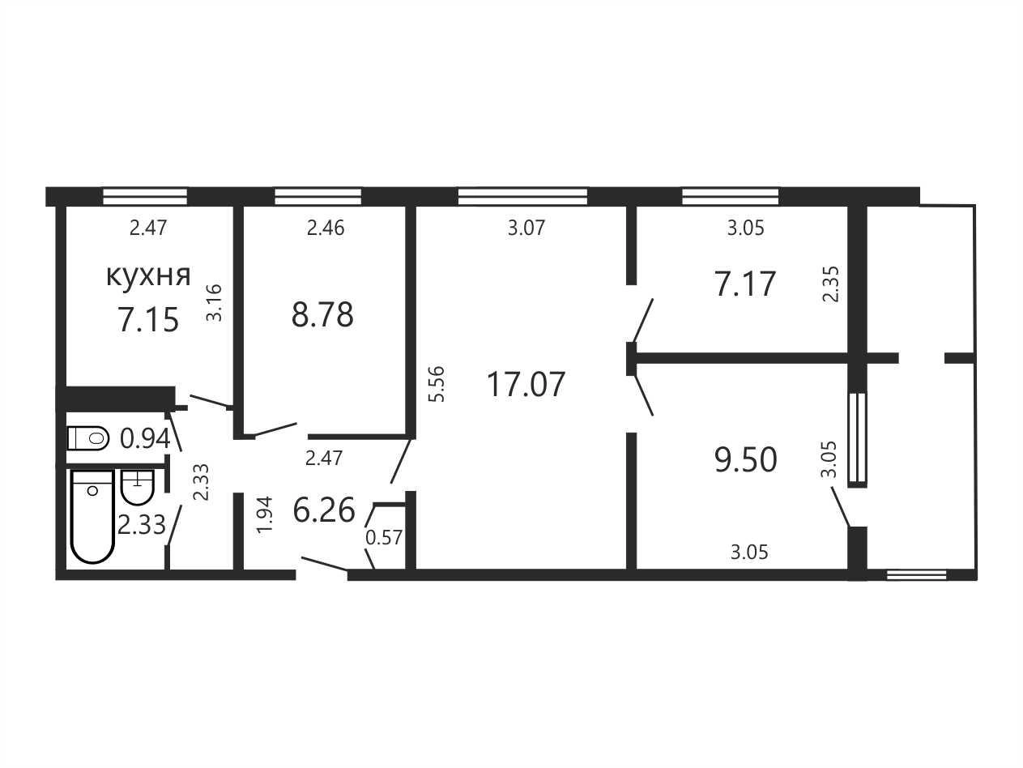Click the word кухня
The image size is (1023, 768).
pos(148,276)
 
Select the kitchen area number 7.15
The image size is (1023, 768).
pos(148,320)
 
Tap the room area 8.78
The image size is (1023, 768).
pos(322,314)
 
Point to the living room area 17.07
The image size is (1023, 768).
pos(526,385)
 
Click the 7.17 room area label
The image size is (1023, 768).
pos(744,284)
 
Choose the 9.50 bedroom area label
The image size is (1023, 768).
pos(746,459)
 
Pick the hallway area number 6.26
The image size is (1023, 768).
pos(324,510)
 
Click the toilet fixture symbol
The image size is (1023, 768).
pos(88,438)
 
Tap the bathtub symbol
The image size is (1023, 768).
pos(92,517)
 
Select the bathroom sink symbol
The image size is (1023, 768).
pos(137,487)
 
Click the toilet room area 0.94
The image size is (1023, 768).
pos(145,438)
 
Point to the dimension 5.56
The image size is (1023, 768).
pos(438,385)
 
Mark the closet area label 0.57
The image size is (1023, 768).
pos(384,538)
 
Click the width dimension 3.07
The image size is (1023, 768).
pos(526,228)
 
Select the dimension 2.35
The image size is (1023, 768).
pos(831,284)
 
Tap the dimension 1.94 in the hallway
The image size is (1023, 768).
pos(264,515)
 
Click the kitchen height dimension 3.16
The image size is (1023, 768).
pos(215,303)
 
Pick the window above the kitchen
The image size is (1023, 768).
pos(145,197)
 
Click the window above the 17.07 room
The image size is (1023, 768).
pos(522,197)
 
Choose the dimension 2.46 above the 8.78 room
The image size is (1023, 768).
pos(326,228)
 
